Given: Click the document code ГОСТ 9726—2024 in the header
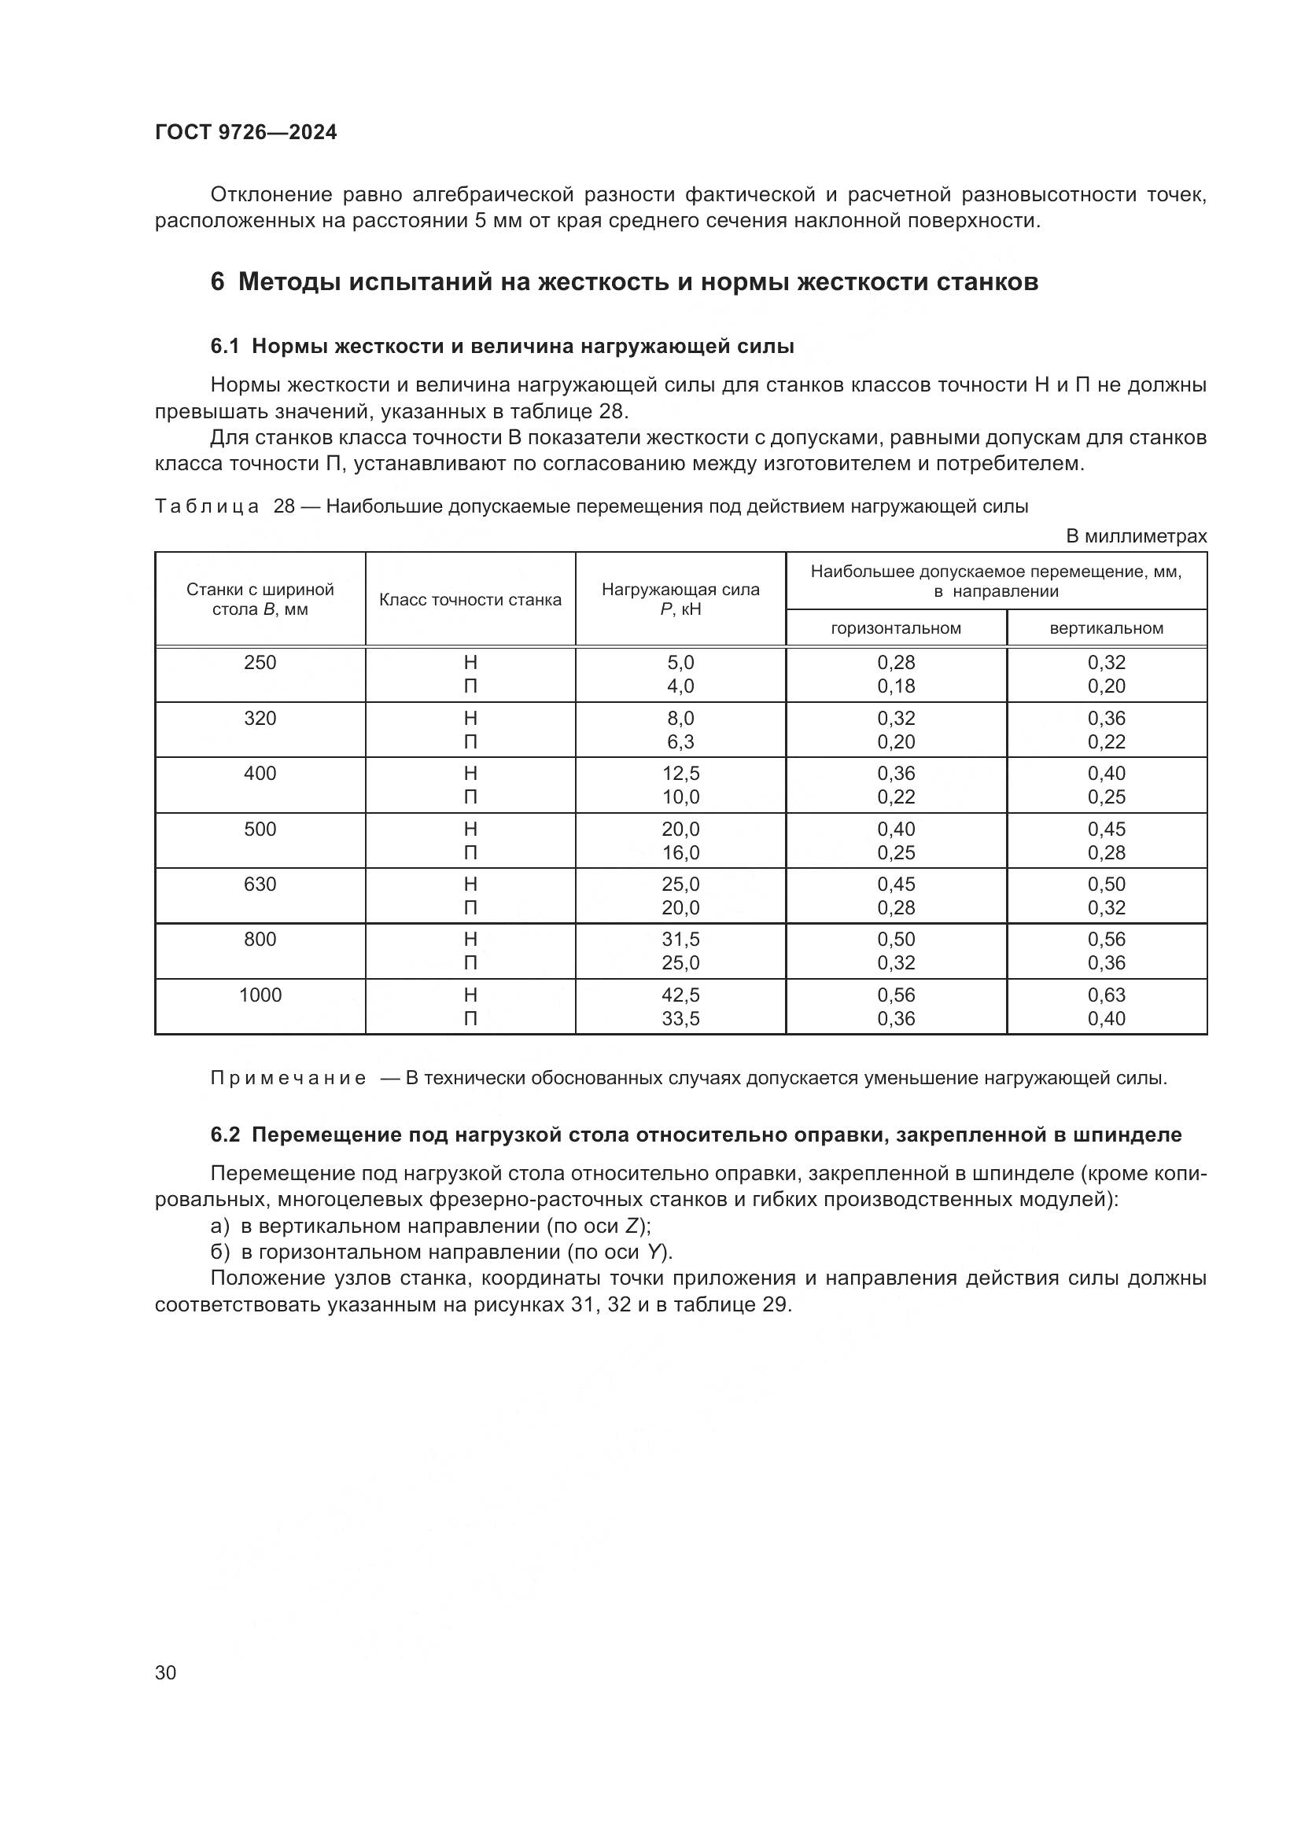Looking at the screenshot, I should tap(246, 133).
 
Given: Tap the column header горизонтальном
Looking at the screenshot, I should tap(896, 628).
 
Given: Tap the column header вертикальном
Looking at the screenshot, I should tap(1107, 628).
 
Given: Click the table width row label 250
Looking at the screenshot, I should tap(260, 662).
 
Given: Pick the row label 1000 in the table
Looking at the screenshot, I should tap(260, 995).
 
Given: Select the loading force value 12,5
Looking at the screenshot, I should tap(680, 773).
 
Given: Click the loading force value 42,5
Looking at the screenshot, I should tap(680, 995).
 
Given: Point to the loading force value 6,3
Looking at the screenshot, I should tap(680, 741).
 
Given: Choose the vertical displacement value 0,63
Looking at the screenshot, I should tap(1107, 995).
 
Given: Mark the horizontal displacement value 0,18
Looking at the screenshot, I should tap(896, 686).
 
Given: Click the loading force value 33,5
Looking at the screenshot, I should tap(680, 1019).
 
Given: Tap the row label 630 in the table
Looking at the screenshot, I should tap(260, 885).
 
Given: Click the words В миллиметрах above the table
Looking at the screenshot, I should tap(1135, 537).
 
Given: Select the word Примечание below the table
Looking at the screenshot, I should tap(289, 1078).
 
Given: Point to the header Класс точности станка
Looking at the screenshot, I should tap(470, 600).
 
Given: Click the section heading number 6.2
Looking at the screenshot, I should tap(225, 1135).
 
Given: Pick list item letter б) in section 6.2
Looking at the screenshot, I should tap(219, 1252).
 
